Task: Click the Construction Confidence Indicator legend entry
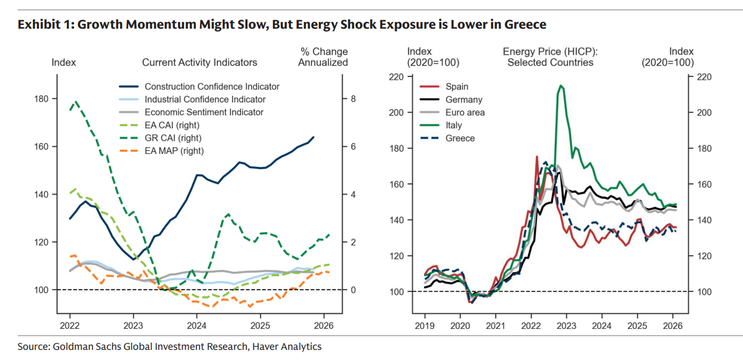tap(211, 87)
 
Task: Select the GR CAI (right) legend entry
tap(171, 138)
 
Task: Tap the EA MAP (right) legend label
tap(174, 151)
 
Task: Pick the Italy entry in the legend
tap(453, 125)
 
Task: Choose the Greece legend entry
tap(460, 138)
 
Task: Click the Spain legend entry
tap(457, 87)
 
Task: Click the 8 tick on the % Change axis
tap(353, 99)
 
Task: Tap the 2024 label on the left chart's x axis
tap(197, 327)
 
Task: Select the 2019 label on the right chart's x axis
tap(425, 327)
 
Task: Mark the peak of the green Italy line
tap(560, 85)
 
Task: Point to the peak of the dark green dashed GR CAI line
tap(75, 102)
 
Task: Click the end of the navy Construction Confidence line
tap(314, 137)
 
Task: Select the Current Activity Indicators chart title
tap(199, 62)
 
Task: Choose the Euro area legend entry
tap(465, 112)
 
